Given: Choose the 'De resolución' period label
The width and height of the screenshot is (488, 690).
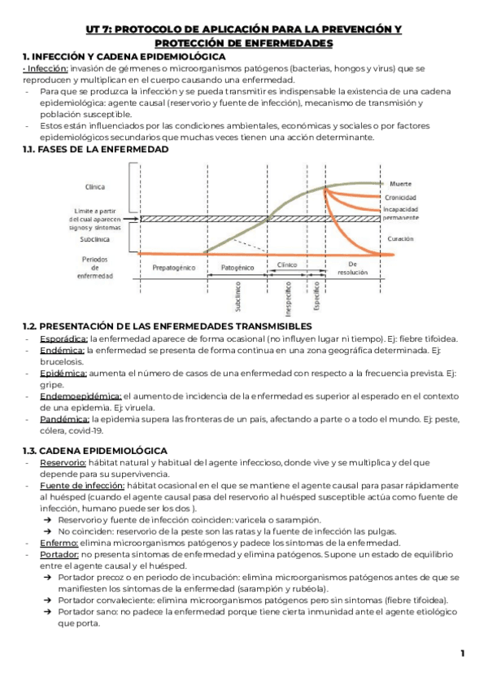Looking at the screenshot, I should [x=352, y=269].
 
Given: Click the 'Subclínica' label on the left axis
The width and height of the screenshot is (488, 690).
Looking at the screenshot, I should [x=94, y=239].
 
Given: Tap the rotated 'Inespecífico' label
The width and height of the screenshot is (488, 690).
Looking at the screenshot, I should [x=289, y=296].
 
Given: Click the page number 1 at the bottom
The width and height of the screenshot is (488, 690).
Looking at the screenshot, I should [x=462, y=653].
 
